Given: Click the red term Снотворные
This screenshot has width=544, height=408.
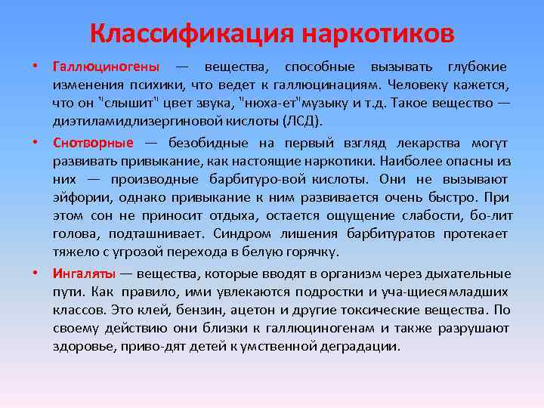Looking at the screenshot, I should click(x=93, y=144).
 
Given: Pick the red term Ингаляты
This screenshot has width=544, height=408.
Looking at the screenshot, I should click(x=83, y=274).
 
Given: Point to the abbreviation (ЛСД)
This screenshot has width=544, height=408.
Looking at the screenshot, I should click(x=302, y=121).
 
